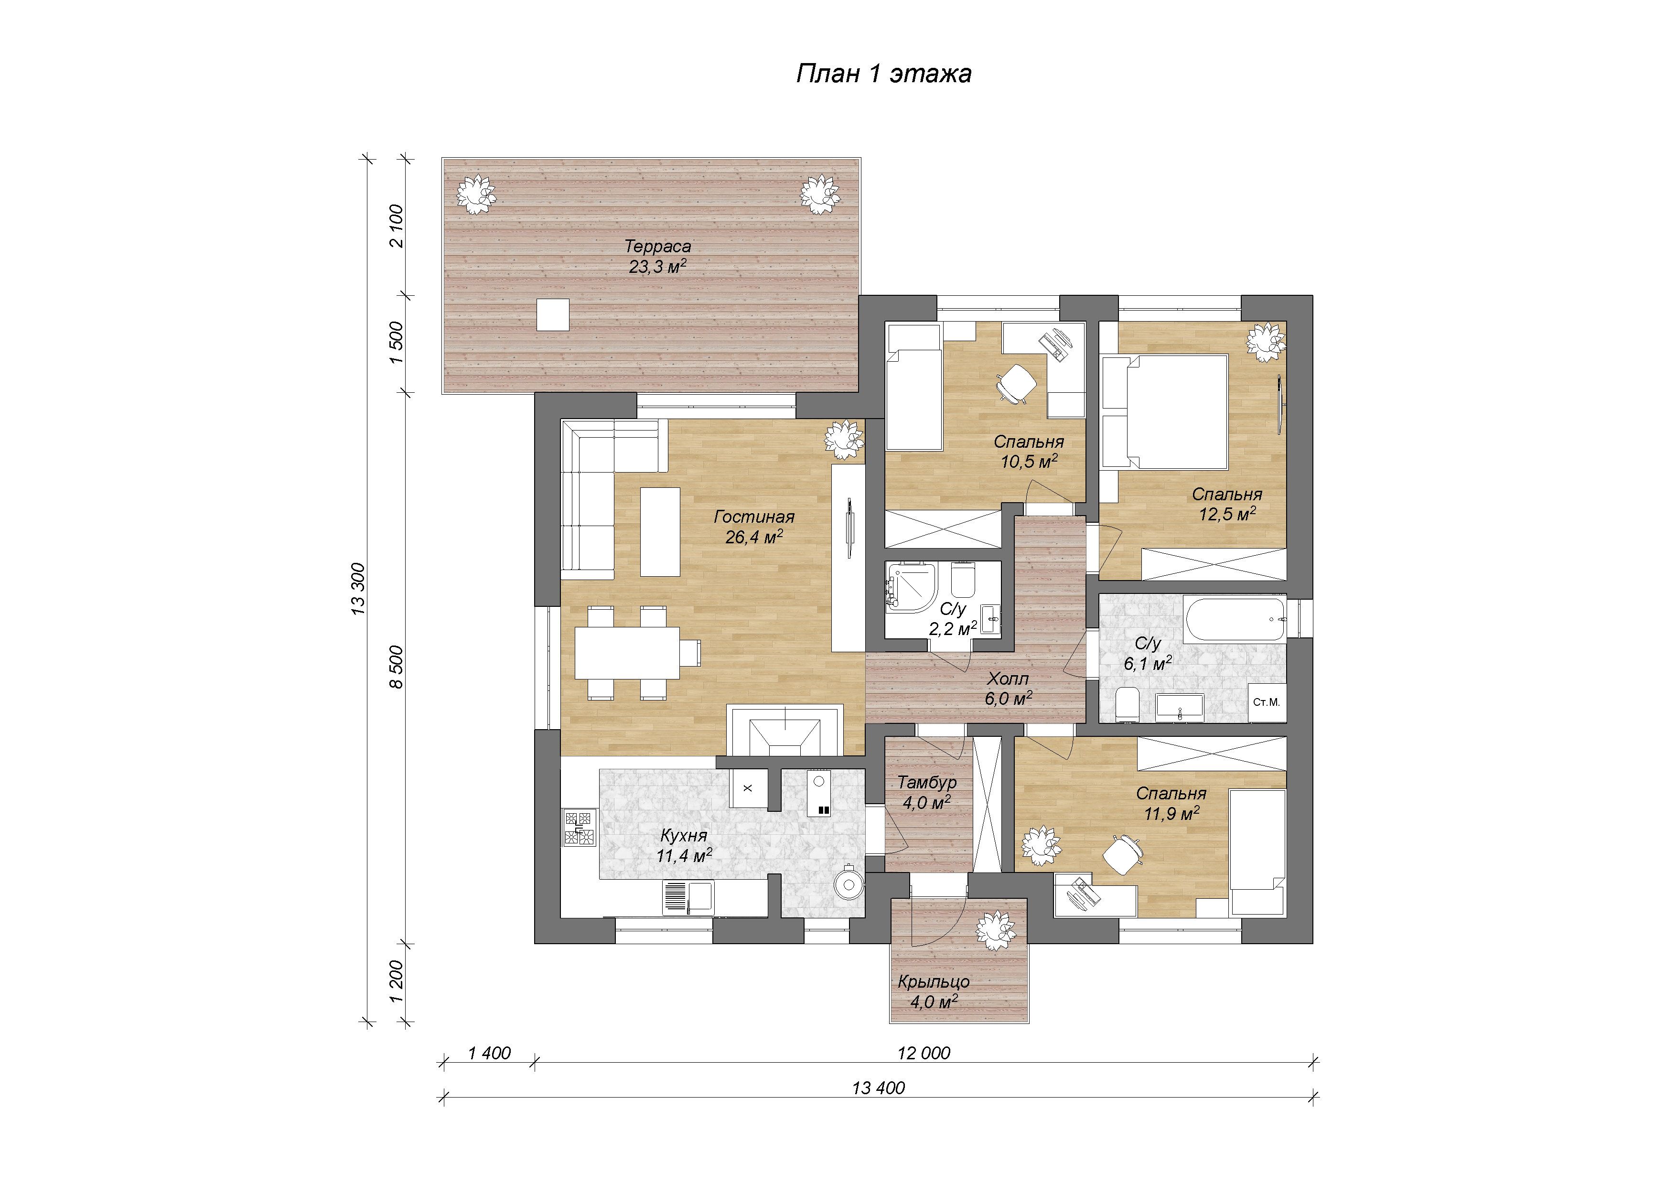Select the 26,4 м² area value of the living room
pos(754,538)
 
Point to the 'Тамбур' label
pos(927,782)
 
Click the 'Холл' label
pos(1008,679)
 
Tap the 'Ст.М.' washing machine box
pos(1267,702)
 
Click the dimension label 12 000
pos(924,1053)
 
